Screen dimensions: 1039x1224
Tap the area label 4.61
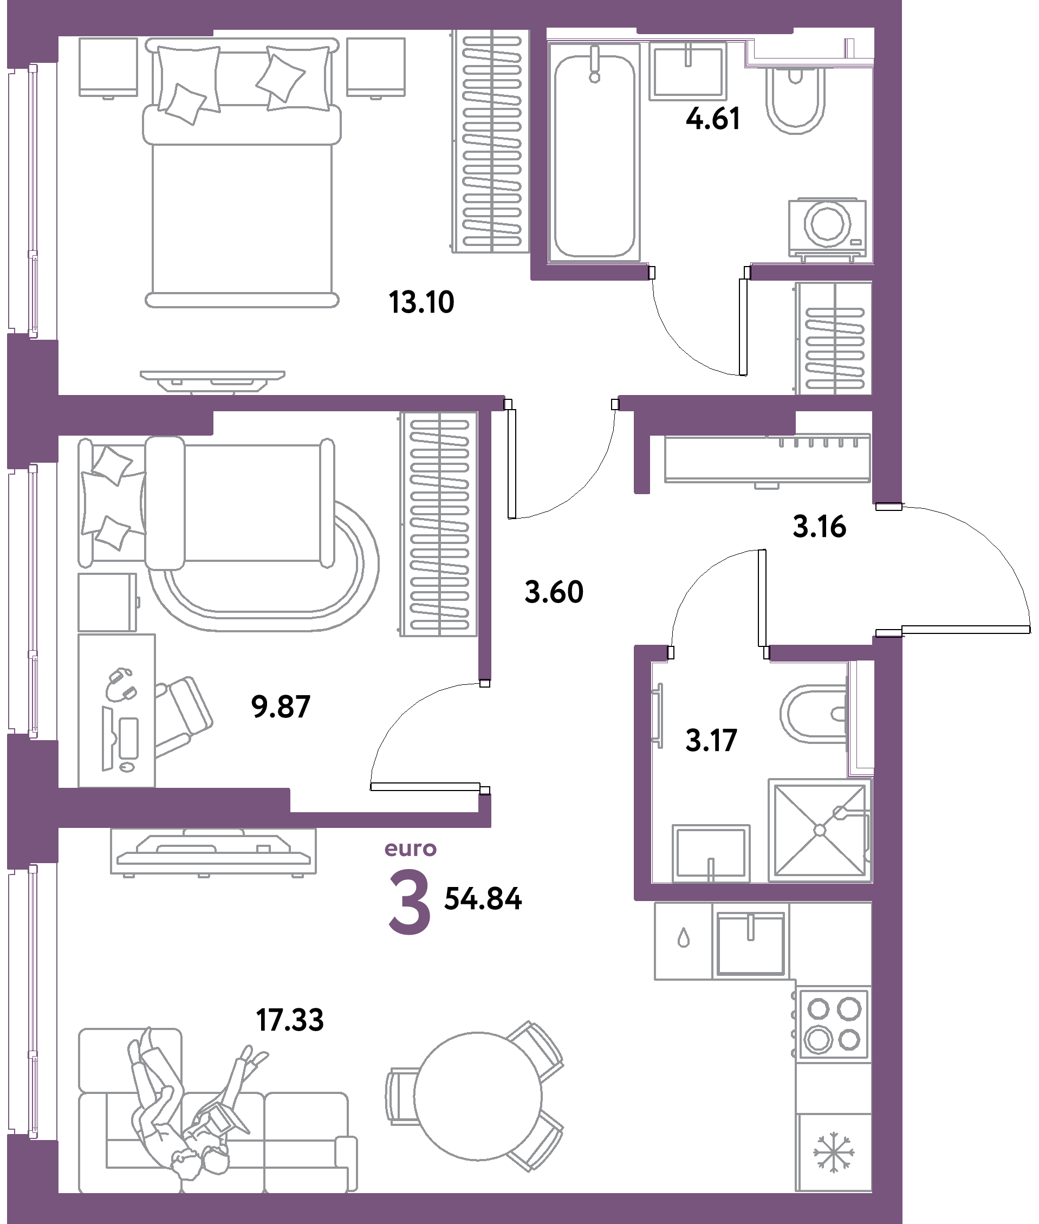point(713,119)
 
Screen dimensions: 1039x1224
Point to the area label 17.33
point(290,1020)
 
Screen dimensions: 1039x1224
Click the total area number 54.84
point(483,899)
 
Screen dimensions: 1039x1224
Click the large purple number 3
point(410,902)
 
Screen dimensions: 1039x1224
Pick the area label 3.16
point(819,527)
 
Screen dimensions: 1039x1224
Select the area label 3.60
point(554,592)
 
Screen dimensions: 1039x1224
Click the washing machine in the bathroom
point(828,228)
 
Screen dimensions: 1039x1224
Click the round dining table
point(478,1096)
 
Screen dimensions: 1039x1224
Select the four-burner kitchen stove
point(833,1026)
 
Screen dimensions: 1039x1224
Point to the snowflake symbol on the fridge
point(834,1152)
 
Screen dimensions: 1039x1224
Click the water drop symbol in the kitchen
point(683,937)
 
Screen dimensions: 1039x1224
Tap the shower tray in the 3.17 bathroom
point(819,830)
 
